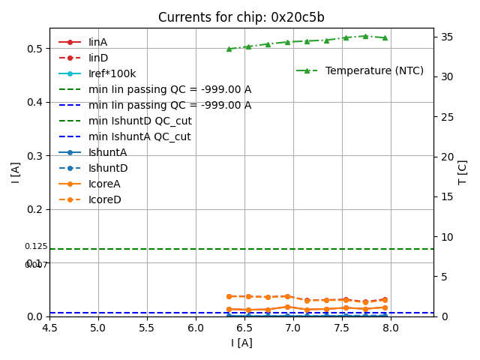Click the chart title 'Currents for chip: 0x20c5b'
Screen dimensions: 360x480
coord(241,17)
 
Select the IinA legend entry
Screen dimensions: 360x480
coord(97,42)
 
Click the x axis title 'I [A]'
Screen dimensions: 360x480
coord(241,343)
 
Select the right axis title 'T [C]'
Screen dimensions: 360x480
coord(463,172)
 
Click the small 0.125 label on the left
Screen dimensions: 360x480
coord(35,246)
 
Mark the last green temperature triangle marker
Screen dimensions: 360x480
coord(385,37)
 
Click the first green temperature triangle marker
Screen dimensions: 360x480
coord(229,49)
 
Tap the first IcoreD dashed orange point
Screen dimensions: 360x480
coord(229,296)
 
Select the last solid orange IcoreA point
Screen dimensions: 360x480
coord(385,307)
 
